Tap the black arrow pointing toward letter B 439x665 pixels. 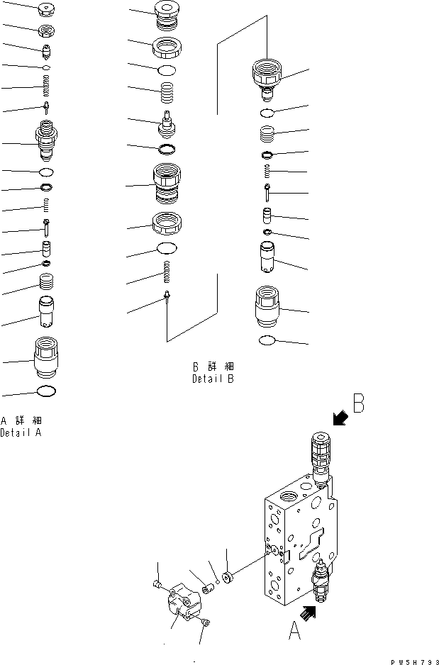pos(340,420)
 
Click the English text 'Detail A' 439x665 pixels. pos(21,433)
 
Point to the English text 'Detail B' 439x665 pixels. pos(213,379)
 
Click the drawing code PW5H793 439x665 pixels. pos(411,661)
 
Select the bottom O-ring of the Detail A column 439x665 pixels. pos(46,391)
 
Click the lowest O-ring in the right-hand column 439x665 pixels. pos(267,341)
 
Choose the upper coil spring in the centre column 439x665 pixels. pos(167,92)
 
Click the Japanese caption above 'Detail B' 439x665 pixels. pos(213,367)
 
